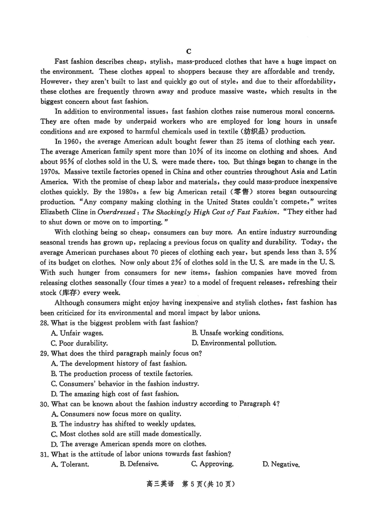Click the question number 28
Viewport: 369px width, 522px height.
[45, 323]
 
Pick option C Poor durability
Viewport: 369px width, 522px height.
[79, 343]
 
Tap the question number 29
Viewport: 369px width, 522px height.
[45, 353]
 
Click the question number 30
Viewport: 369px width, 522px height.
[45, 403]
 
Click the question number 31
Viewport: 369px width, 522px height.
[45, 454]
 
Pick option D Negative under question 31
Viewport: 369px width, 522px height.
[281, 464]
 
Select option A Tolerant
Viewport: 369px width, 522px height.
[70, 464]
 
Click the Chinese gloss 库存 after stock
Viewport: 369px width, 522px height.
[71, 293]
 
